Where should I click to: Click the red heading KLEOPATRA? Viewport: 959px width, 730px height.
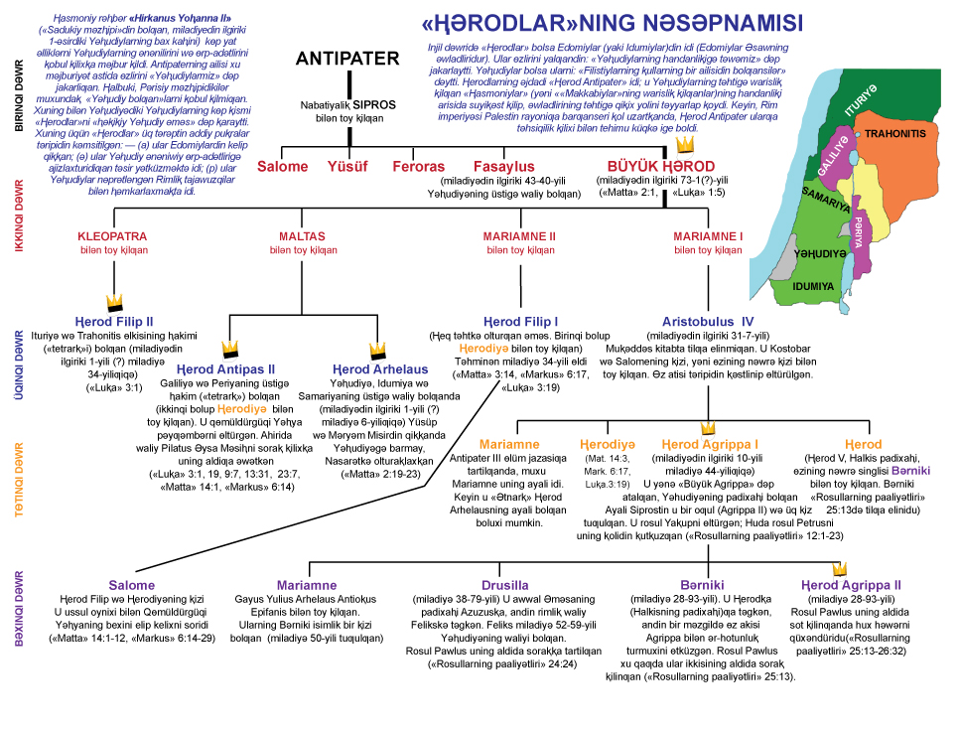click(x=112, y=237)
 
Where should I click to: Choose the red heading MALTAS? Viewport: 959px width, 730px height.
click(x=303, y=237)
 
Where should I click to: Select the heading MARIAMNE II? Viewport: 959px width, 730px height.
click(x=520, y=237)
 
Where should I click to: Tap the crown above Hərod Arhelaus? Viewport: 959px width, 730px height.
click(x=377, y=351)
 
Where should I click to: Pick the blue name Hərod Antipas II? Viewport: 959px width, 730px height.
click(x=231, y=369)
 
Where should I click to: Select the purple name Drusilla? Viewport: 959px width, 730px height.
click(x=505, y=585)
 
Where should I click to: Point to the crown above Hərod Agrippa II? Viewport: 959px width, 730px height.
click(x=839, y=569)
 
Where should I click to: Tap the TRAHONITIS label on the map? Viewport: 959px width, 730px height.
click(x=895, y=133)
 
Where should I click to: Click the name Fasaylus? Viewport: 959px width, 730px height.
click(x=503, y=167)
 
